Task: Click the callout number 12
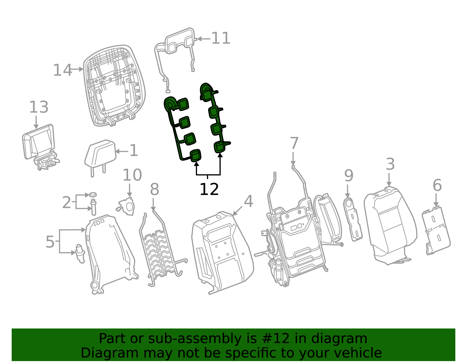tap(209, 189)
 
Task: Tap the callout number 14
tap(62, 70)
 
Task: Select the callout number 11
tap(221, 38)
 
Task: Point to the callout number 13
tap(39, 107)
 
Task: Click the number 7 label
tap(294, 143)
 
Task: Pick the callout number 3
tap(390, 164)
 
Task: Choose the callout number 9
tap(349, 175)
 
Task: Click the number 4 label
tap(248, 201)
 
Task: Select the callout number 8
tap(154, 189)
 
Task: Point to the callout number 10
tap(132, 175)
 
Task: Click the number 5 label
tap(50, 242)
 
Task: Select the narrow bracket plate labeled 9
tap(353, 219)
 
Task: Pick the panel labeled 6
tap(436, 231)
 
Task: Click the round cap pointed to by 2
tap(93, 195)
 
